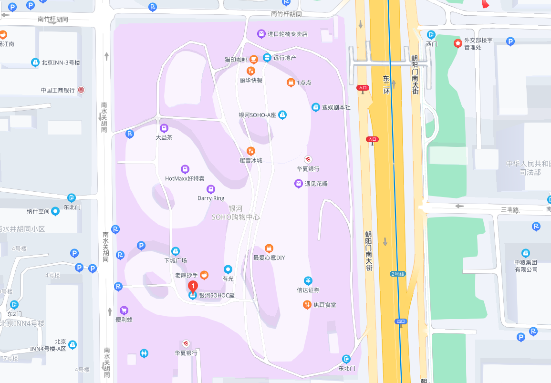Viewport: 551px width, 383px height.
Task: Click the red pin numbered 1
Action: coord(193,286)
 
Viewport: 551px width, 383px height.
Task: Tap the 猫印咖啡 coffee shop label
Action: coord(236,60)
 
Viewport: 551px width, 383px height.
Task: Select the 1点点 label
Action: coord(304,83)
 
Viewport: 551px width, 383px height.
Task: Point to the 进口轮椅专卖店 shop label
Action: coord(287,34)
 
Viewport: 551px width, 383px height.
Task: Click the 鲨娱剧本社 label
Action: coord(336,107)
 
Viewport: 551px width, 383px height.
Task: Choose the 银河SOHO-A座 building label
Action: coord(257,115)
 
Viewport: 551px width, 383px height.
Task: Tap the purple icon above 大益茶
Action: coord(164,128)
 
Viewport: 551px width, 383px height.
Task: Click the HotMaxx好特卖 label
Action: coord(185,178)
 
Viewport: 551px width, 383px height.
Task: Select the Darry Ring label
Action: coord(211,198)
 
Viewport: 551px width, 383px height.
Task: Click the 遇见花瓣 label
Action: coord(316,184)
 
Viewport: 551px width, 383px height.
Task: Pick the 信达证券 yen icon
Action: coord(308,280)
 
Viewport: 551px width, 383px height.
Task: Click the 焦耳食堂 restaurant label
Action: coord(324,304)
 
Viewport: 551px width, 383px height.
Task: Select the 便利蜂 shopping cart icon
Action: coord(124,311)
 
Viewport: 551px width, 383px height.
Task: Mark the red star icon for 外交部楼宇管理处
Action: coord(457,43)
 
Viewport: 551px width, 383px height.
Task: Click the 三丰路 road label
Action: coord(510,209)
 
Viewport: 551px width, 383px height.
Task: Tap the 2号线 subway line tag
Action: coord(397,274)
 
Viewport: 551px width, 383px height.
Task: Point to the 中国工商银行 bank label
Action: coord(58,90)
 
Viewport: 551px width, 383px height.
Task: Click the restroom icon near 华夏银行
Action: coord(144,353)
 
